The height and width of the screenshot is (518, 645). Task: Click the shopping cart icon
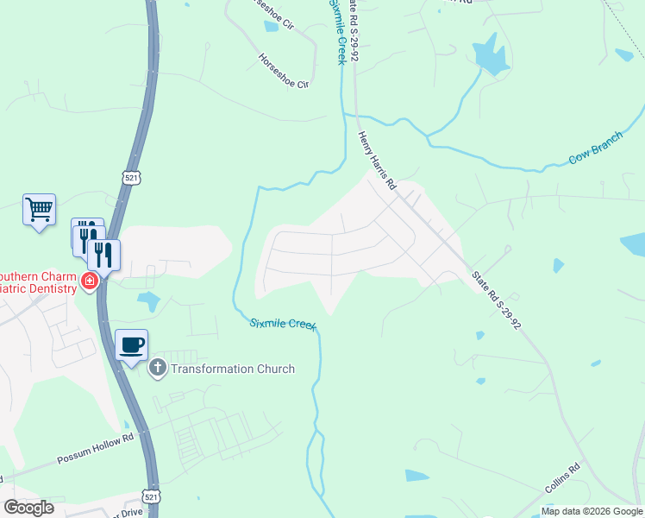tap(39, 209)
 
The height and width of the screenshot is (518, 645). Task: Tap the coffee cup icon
tap(131, 345)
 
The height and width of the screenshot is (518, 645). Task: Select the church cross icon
tap(157, 369)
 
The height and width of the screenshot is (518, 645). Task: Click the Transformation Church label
tap(233, 369)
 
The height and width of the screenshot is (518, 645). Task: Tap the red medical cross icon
tap(88, 281)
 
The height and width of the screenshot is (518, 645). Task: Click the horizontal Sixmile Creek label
tap(283, 324)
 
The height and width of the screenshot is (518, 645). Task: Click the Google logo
tap(28, 508)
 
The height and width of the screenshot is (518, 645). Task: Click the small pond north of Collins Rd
tap(416, 476)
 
